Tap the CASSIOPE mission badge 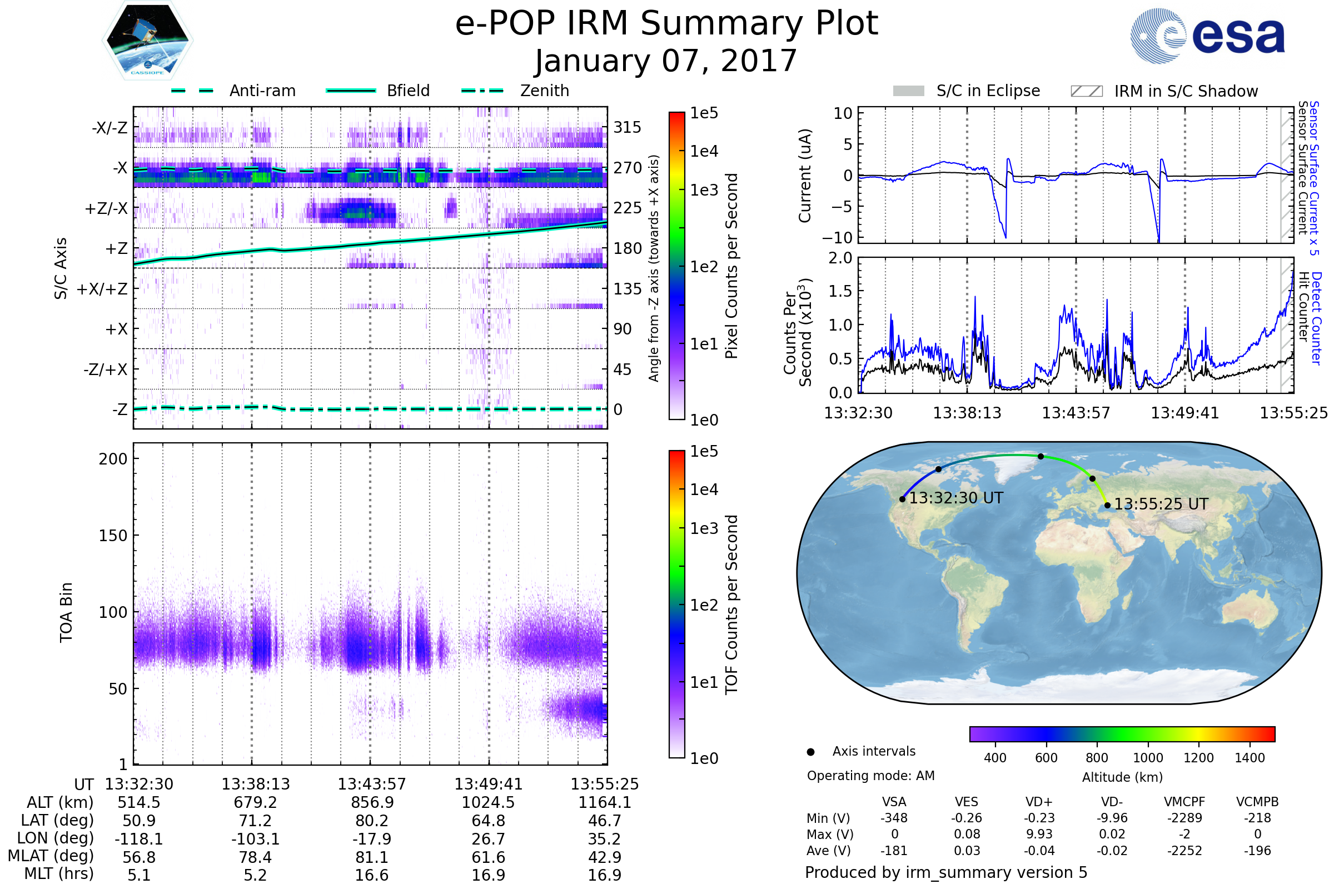coord(147,40)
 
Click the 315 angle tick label coord(627,127)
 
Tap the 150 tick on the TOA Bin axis coord(113,536)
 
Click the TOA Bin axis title coord(66,612)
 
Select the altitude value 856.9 coord(372,803)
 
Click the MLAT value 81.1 coord(372,857)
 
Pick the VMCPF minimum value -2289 coord(1184,818)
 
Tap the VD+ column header coord(1039,802)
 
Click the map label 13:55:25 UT coord(1161,504)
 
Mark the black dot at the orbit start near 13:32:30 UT coord(902,499)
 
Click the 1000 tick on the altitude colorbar coord(1148,758)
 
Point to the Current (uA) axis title coord(805,176)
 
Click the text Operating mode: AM coord(870,776)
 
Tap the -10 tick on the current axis coord(838,237)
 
